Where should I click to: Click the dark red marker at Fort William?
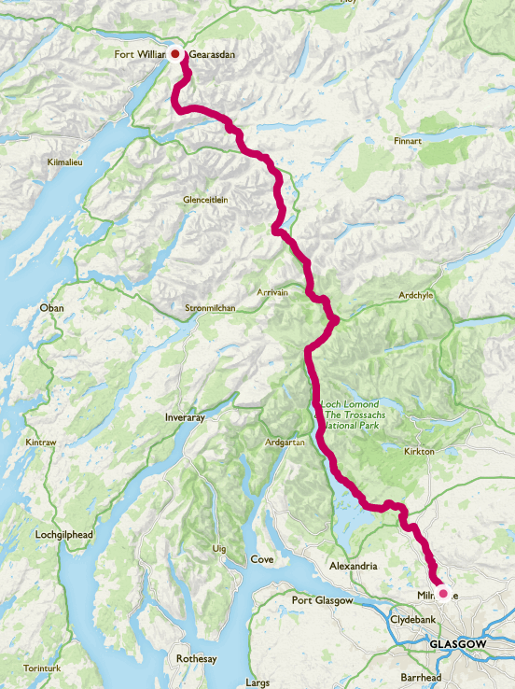[x=174, y=54]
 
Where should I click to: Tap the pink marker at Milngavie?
[x=443, y=593]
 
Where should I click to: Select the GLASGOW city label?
[x=457, y=645]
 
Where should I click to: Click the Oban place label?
[x=50, y=307]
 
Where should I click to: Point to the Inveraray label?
[x=183, y=417]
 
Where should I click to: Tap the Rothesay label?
[x=196, y=659]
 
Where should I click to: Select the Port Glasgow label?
[x=322, y=600]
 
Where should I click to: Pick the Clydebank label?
[x=413, y=619]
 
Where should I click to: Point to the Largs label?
[x=257, y=683]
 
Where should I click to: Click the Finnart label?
[x=408, y=142]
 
